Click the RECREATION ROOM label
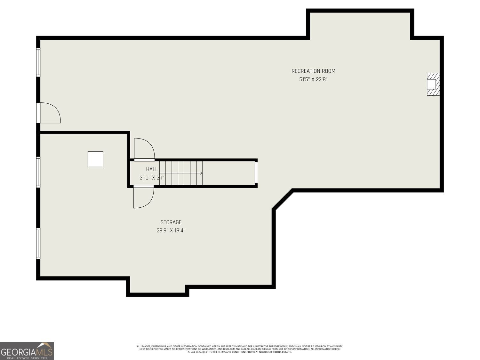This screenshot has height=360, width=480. coord(313,71)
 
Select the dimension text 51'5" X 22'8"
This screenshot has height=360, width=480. coord(313,79)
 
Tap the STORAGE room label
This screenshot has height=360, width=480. coord(171,222)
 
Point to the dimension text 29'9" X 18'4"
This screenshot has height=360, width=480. coord(171,230)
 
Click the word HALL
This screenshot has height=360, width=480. coord(152,169)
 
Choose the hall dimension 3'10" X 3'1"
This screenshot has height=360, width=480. coord(152,178)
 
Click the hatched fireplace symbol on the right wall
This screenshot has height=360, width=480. coord(433,84)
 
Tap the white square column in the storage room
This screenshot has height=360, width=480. coord(95,159)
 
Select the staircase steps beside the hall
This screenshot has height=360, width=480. coord(181,173)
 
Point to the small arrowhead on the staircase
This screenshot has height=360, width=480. coord(201,173)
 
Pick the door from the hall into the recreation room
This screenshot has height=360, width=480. coord(144,149)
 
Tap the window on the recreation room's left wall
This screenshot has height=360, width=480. coord(38,62)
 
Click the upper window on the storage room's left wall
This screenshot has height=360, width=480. coord(38,172)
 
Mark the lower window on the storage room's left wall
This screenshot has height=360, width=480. coord(38,243)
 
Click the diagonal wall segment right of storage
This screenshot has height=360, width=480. coord(283,199)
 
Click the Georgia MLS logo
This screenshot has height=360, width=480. coord(27,351)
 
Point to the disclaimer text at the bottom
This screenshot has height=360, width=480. coord(240,349)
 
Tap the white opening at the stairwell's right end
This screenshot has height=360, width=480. coord(256,173)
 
